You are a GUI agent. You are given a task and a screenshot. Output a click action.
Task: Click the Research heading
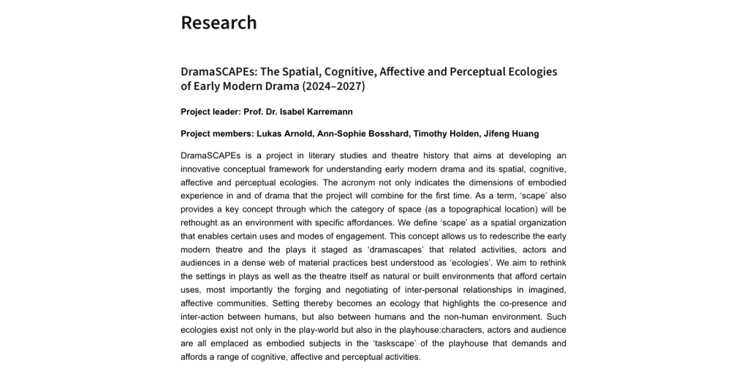(x=219, y=23)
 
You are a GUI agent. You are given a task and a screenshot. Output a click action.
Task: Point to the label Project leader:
(x=214, y=112)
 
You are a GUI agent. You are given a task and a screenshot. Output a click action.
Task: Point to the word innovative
(x=204, y=169)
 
